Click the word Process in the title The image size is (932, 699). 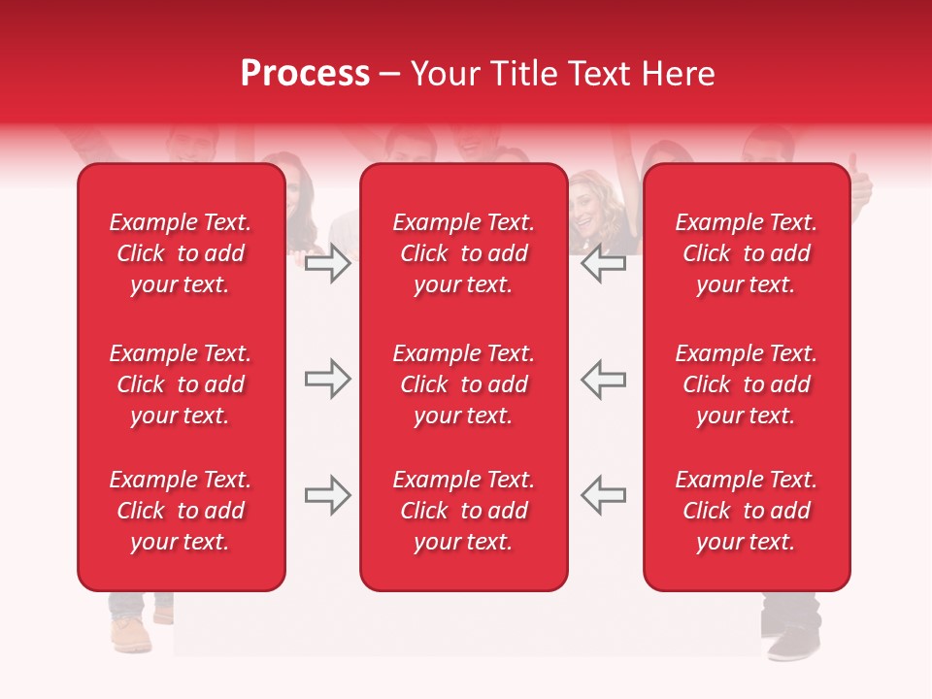[x=305, y=74]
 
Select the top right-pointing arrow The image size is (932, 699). [x=328, y=265]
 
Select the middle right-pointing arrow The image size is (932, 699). [x=328, y=380]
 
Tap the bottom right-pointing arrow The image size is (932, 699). [x=328, y=495]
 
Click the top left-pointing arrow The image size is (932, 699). [x=604, y=265]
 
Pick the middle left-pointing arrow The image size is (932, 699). [x=604, y=380]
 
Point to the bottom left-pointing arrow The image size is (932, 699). [x=604, y=495]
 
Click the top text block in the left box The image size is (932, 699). [x=181, y=253]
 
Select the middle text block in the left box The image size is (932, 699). [x=181, y=384]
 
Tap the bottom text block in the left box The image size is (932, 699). [x=181, y=511]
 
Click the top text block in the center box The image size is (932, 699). [x=463, y=253]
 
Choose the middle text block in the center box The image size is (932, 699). [x=463, y=384]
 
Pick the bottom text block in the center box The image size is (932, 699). [x=463, y=511]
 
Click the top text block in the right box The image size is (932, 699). [x=746, y=253]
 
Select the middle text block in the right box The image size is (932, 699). [x=746, y=384]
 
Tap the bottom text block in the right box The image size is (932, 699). [x=746, y=511]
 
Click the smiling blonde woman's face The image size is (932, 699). [x=588, y=206]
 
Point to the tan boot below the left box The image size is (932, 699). [x=130, y=633]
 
